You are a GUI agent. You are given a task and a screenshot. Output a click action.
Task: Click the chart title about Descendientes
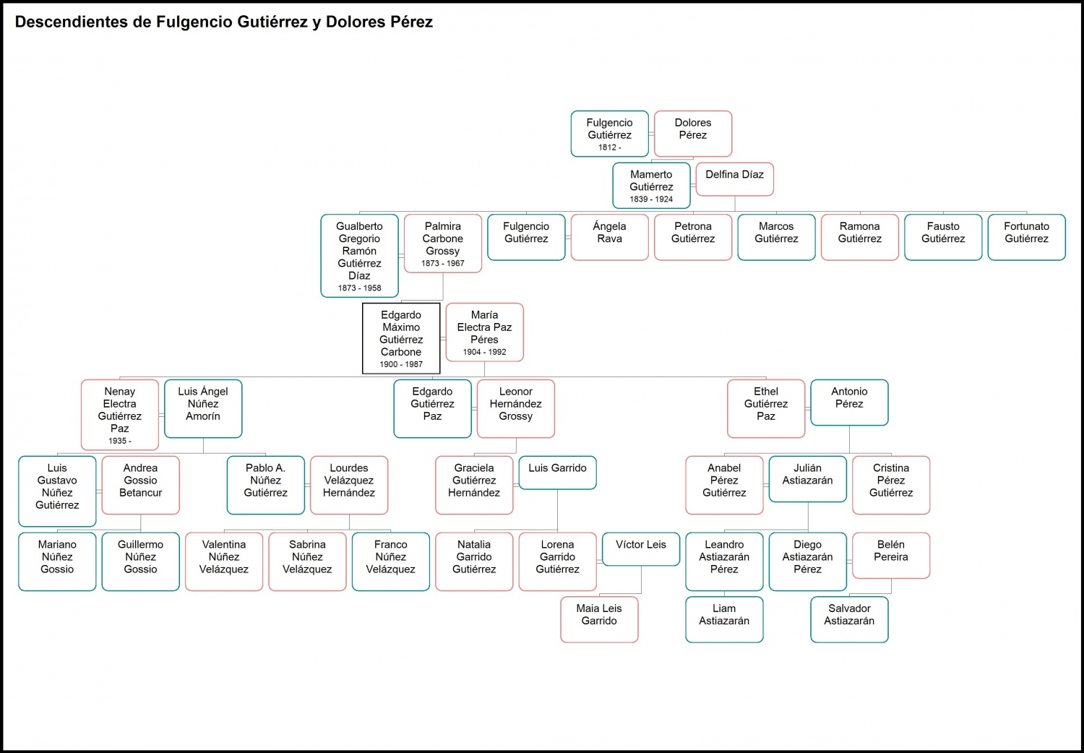pos(224,22)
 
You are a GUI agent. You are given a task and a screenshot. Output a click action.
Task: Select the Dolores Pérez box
pos(693,133)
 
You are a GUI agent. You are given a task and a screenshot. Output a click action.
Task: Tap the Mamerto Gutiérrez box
pos(651,185)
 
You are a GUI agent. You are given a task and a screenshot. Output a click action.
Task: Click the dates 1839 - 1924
pos(651,199)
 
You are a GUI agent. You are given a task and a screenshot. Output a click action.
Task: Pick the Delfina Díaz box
pos(734,178)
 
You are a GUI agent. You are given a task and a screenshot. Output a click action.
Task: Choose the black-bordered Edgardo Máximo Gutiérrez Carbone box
pos(401,338)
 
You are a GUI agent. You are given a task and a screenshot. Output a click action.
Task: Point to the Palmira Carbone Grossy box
pos(443,243)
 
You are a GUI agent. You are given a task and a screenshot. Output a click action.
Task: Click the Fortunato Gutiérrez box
pos(1026,236)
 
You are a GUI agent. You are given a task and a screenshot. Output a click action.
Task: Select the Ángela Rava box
pos(609,236)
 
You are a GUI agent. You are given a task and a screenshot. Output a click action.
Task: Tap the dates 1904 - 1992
pos(484,352)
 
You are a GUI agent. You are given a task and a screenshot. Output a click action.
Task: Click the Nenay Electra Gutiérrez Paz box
pos(120,414)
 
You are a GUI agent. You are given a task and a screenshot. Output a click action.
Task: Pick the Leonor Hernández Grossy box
pos(516,408)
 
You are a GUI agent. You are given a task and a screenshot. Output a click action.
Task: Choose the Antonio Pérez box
pos(849,402)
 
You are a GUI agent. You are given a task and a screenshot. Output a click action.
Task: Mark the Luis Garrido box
pos(557,472)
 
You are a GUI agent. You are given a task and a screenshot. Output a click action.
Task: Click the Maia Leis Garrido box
pos(599,619)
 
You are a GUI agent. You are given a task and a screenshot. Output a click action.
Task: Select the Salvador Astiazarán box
pos(849,619)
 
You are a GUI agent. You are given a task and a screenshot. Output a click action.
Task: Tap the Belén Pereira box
pos(891,555)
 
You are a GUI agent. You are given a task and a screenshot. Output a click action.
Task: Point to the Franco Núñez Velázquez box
pos(391,561)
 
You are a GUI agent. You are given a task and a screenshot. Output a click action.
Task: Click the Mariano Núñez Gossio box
pos(57,561)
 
